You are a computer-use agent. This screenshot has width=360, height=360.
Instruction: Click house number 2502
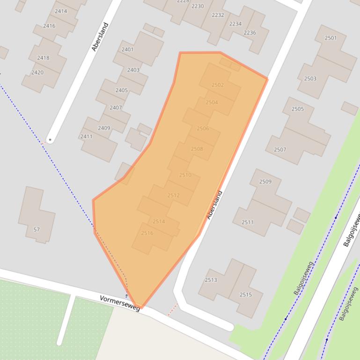point(218,85)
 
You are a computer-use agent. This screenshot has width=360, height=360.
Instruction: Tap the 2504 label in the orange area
point(212,102)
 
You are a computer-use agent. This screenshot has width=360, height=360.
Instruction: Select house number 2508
point(197,149)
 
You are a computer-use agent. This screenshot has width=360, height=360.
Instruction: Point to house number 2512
point(173,195)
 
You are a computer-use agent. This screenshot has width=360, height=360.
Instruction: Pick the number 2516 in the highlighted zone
point(147,233)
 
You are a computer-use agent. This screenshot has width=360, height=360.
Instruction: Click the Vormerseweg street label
point(119,303)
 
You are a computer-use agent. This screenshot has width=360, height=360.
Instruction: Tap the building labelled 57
point(37,230)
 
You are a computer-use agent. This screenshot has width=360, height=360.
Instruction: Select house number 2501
point(331,38)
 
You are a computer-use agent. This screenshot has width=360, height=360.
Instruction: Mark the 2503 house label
point(310,79)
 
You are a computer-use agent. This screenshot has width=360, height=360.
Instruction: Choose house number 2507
point(280,150)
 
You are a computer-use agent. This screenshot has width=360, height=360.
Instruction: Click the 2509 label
point(265,181)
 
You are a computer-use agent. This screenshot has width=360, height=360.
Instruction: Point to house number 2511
point(248,222)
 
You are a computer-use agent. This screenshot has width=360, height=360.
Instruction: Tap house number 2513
point(211,280)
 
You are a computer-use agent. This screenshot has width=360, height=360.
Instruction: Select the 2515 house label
point(246,295)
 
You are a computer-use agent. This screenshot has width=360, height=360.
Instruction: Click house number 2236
point(250,33)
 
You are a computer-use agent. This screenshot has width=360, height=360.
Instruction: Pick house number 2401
point(127,49)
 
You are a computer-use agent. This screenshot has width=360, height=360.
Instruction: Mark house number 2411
point(86,137)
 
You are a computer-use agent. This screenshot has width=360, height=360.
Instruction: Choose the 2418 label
point(43,58)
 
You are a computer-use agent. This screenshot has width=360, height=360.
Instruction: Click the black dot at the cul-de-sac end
point(50,140)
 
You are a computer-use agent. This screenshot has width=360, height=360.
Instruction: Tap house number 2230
point(198,6)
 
